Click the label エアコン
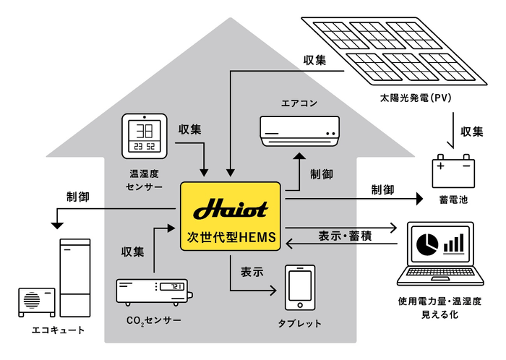(299, 103)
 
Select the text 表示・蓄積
(345, 236)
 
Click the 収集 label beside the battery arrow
(471, 132)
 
